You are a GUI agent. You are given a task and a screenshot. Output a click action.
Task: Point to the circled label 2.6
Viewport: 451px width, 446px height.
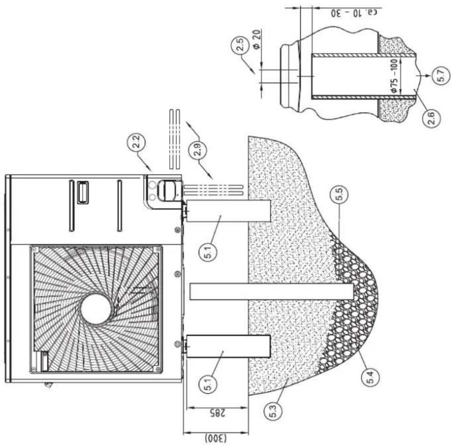pos(432,118)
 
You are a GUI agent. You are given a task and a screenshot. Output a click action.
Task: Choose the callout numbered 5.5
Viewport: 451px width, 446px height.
pos(339,195)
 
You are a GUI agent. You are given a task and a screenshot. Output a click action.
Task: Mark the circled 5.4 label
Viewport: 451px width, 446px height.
pos(369,377)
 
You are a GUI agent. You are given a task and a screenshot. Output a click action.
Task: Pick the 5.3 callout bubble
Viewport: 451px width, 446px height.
pos(273,411)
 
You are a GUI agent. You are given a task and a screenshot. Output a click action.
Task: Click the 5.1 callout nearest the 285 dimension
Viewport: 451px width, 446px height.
pos(208,385)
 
